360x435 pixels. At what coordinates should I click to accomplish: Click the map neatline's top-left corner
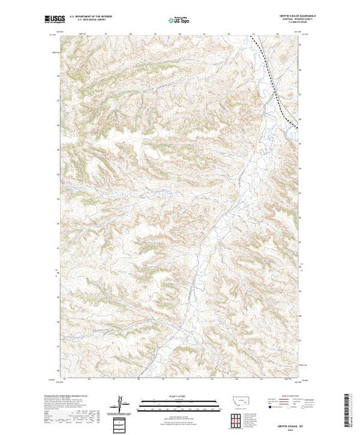pos(59,34)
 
